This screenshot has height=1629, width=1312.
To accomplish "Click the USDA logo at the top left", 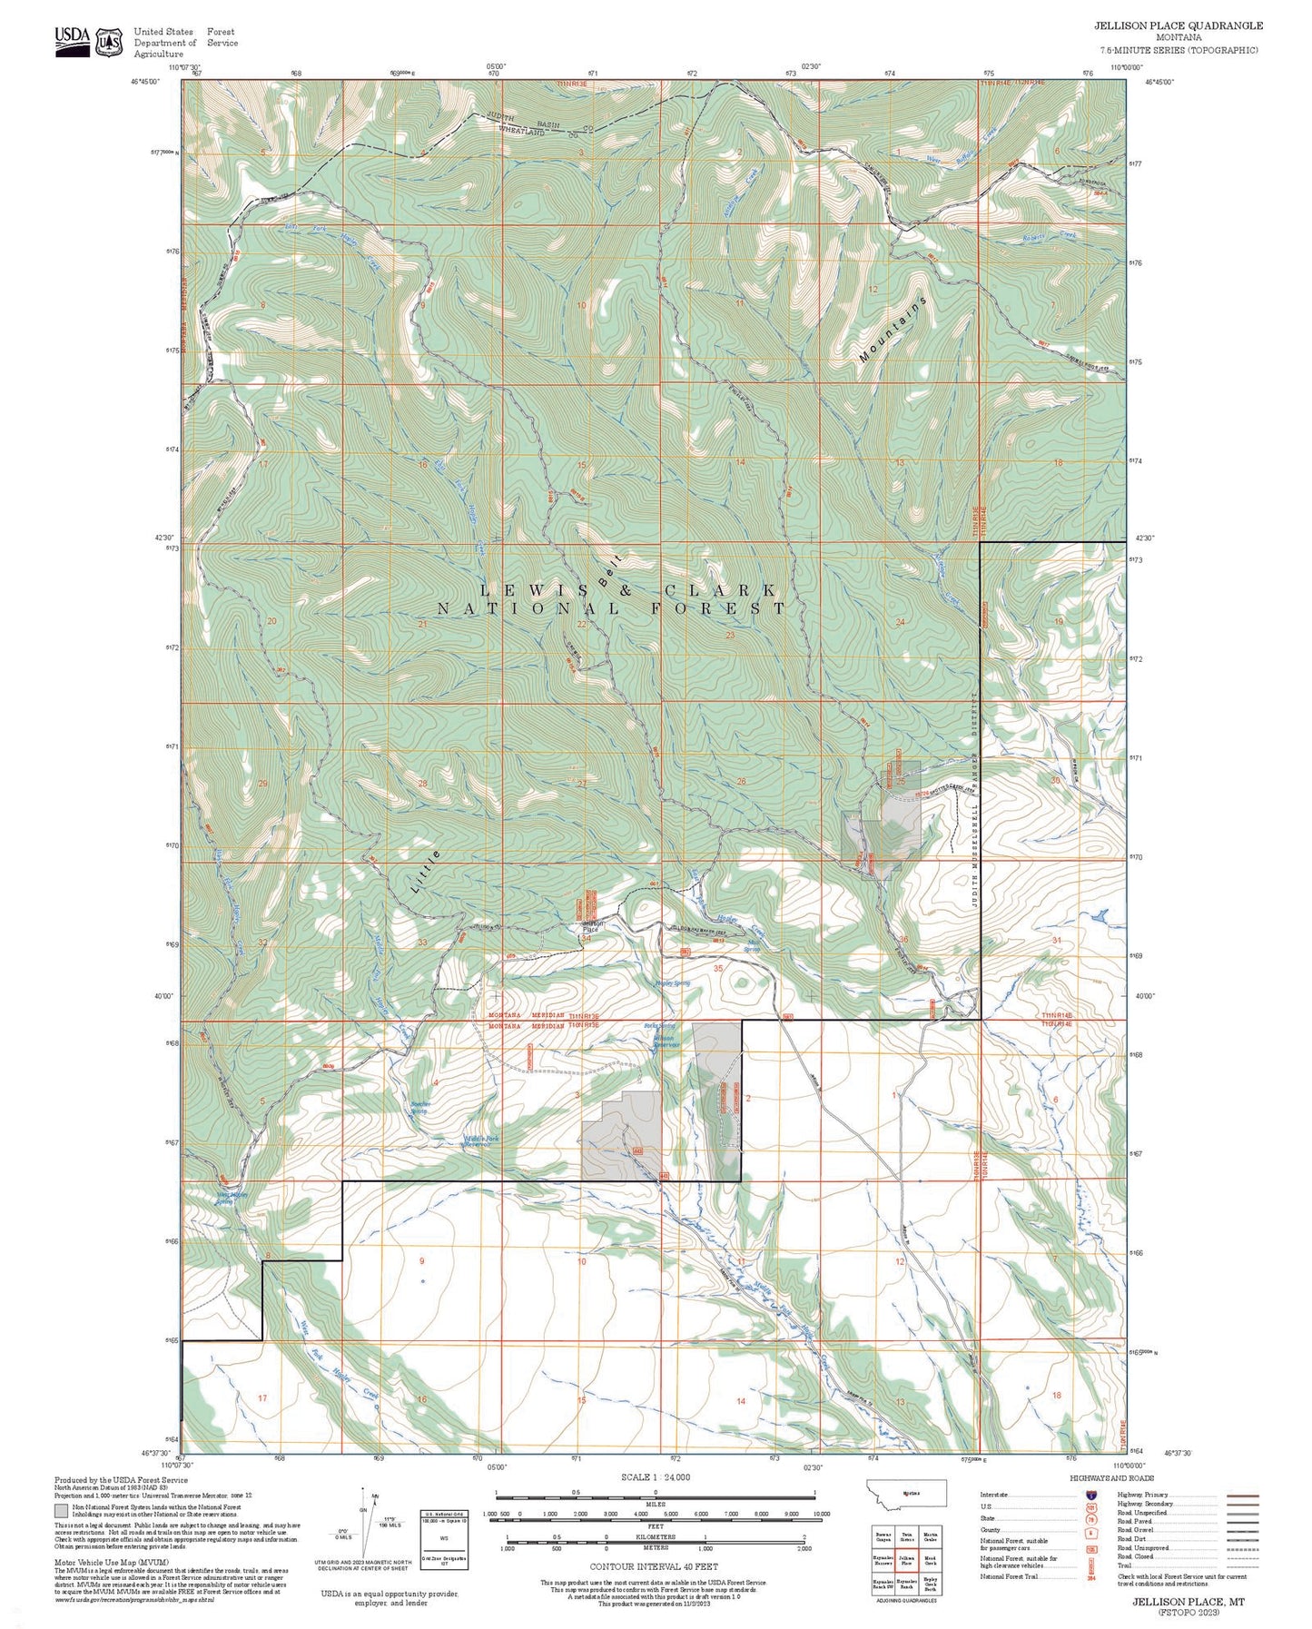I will pos(72,41).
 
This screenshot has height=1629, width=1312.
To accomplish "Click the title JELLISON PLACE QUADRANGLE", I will pos(1178,25).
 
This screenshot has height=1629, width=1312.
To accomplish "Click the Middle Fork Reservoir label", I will pos(479,1140).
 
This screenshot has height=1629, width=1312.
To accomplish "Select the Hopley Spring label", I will pos(672,982).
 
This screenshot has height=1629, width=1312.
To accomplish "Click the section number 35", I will pos(718,968).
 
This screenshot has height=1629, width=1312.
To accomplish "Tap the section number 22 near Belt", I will pos(582,624).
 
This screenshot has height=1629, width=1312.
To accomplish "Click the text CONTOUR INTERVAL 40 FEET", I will pos(654,1566).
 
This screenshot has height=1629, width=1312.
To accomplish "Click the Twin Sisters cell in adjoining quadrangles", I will pos(906,1536).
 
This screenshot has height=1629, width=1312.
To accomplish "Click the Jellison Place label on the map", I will pos(589,926).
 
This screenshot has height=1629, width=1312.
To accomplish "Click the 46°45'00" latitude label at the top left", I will pos(144,82).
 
